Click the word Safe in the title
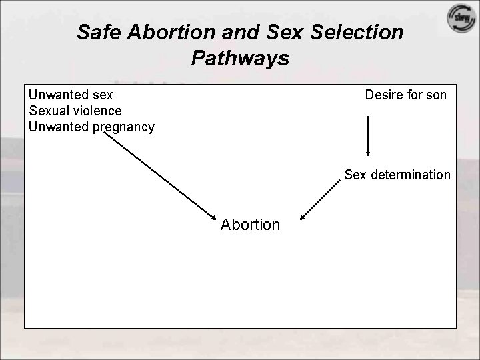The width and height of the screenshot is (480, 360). (x=97, y=32)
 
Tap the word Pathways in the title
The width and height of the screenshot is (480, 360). (x=240, y=58)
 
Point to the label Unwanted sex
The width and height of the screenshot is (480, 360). (x=71, y=95)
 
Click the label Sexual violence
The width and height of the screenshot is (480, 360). (x=75, y=111)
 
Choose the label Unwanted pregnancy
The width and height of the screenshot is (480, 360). (x=92, y=127)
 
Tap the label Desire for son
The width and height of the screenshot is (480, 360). (x=405, y=95)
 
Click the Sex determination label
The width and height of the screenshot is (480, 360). (x=397, y=175)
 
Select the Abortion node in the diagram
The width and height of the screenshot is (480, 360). (x=251, y=225)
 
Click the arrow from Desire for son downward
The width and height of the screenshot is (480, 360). (x=368, y=136)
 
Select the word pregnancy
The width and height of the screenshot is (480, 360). (x=123, y=127)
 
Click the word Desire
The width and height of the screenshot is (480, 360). (x=385, y=95)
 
